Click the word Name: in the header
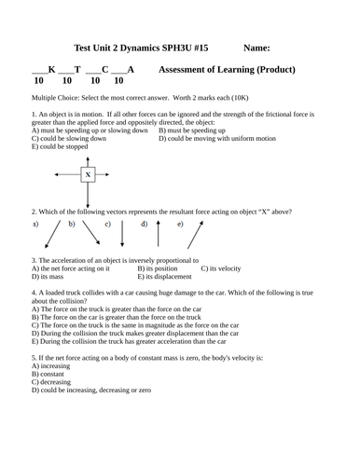click(256, 47)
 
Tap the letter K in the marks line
click(51, 69)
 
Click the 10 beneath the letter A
click(118, 81)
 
